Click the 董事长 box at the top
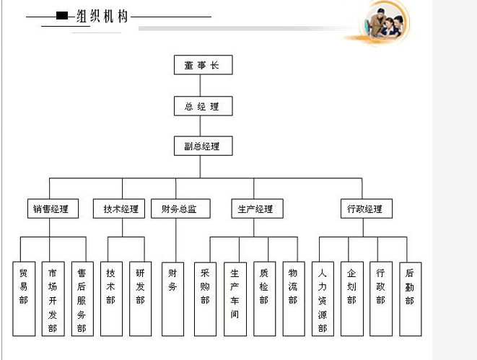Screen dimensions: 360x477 [x=203, y=65]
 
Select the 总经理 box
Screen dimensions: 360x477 [x=203, y=106]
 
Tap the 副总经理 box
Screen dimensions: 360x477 [x=203, y=146]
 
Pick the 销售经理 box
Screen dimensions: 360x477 [x=51, y=209]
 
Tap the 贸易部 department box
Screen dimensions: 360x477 [x=24, y=299]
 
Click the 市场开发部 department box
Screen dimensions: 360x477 [x=53, y=299]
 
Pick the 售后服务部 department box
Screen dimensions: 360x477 [x=82, y=299]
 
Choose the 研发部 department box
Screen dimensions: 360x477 [x=140, y=299]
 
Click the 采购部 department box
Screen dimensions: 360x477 [x=205, y=299]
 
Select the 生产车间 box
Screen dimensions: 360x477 [x=235, y=299]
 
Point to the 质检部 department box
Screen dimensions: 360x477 [x=264, y=299]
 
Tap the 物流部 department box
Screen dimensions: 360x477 [x=293, y=299]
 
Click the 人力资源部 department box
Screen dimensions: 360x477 [x=323, y=299]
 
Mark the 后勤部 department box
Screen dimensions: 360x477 [x=410, y=299]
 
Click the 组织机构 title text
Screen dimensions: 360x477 [x=102, y=17]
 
